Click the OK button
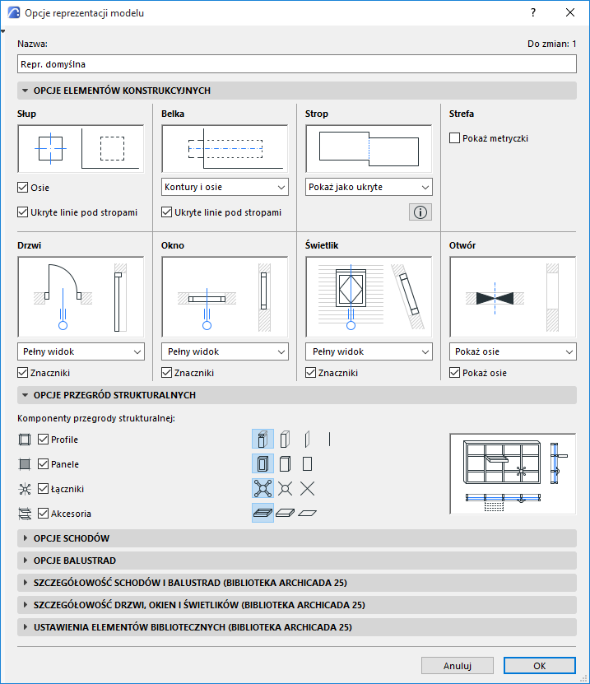click(540, 666)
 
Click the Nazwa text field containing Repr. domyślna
click(296, 64)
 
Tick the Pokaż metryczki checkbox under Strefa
click(454, 138)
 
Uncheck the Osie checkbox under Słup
click(23, 188)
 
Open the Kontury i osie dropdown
click(225, 187)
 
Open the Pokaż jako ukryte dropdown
click(369, 187)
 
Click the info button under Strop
click(420, 212)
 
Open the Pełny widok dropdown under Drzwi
click(81, 351)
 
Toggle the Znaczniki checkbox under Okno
click(166, 373)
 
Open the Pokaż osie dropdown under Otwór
click(513, 351)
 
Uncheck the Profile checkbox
click(43, 440)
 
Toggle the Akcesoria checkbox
click(43, 514)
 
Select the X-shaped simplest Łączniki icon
click(308, 489)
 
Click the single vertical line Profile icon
click(330, 440)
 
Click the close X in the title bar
click(570, 12)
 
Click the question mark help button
click(533, 12)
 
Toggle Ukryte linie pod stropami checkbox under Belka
click(166, 212)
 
